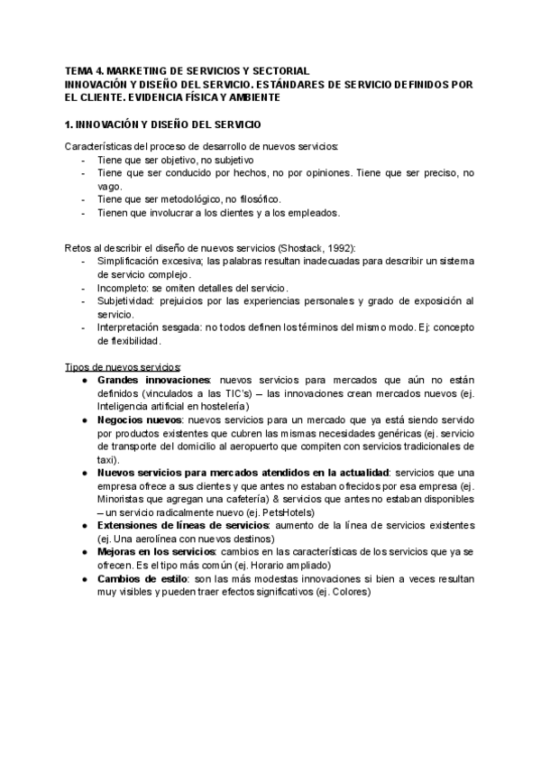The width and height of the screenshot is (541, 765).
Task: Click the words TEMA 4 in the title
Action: click(84, 70)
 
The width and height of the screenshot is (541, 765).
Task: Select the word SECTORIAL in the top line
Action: click(280, 70)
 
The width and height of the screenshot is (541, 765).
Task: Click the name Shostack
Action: click(302, 248)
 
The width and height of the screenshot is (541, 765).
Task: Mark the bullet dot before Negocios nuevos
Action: click(84, 420)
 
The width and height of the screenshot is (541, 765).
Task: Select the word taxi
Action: click(106, 459)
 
